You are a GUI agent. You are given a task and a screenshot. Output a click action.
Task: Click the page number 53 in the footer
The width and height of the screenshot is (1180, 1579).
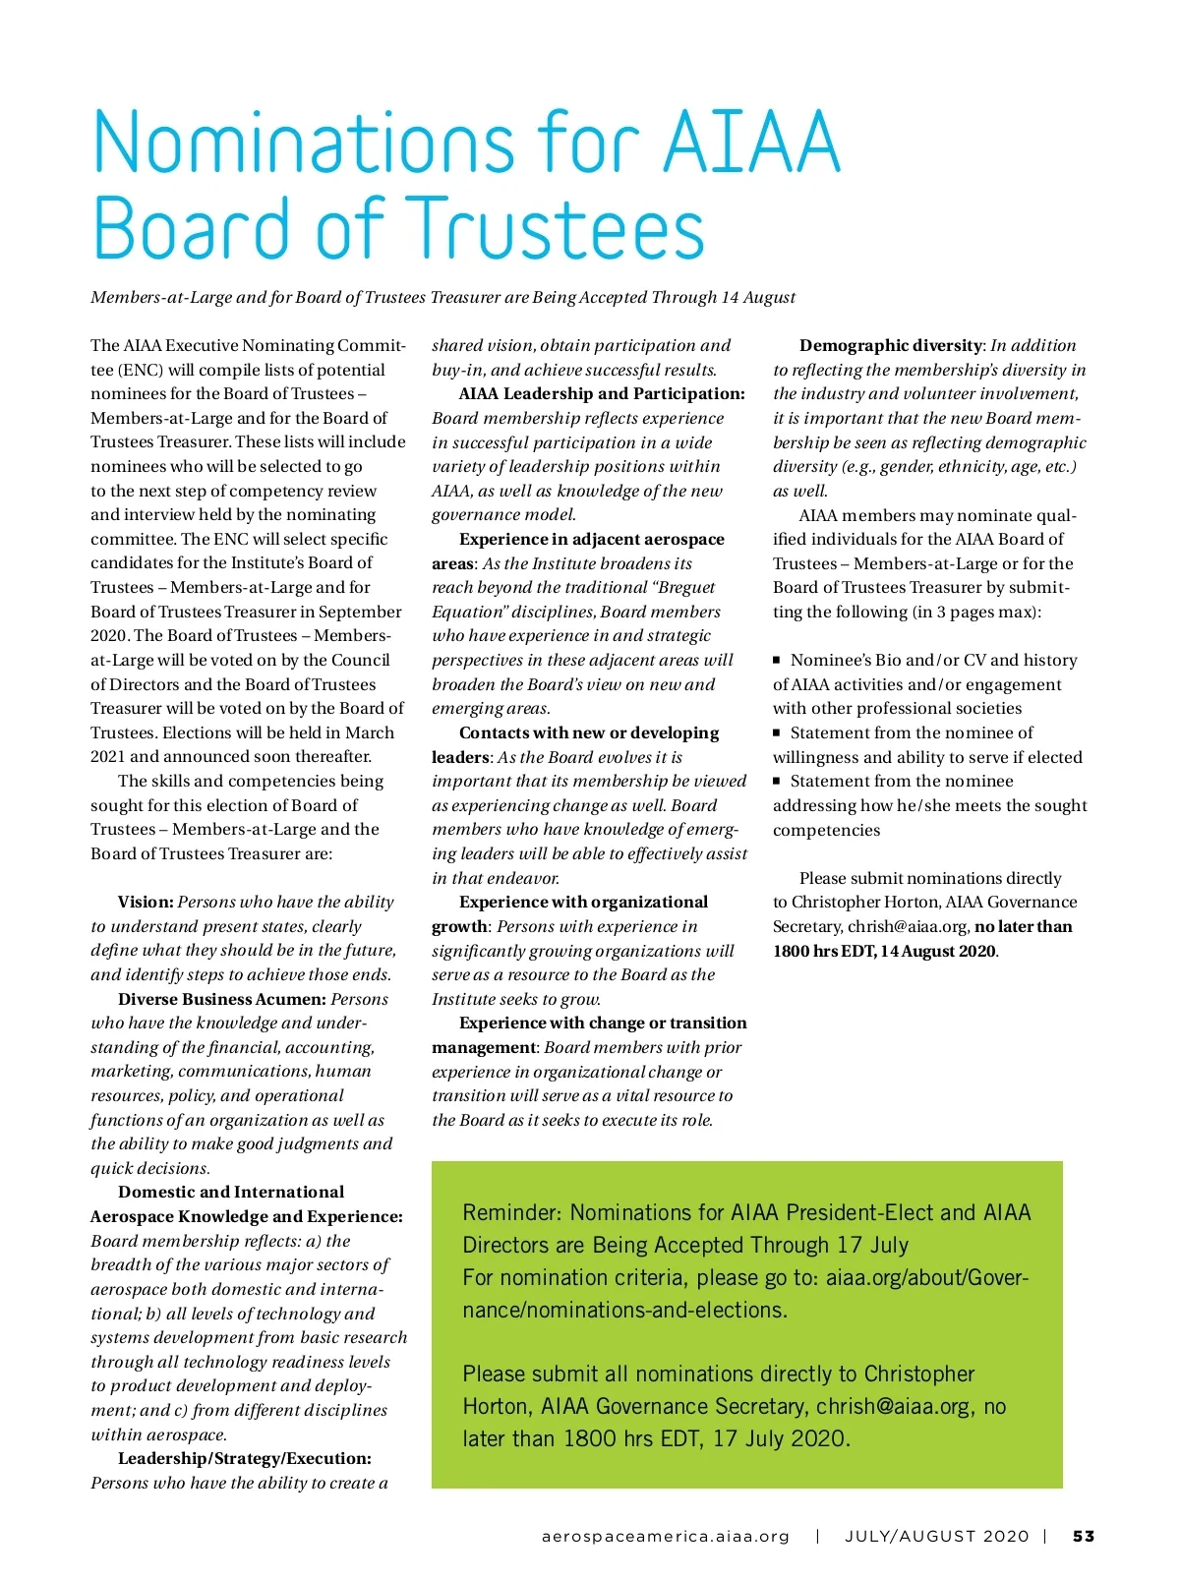(1083, 1536)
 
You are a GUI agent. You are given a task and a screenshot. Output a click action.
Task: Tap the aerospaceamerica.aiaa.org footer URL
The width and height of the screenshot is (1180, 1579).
(666, 1536)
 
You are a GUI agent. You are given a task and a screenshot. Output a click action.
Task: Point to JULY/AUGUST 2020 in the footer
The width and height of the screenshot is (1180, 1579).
(936, 1536)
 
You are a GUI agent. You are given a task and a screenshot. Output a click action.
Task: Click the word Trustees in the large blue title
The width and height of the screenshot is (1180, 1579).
(556, 228)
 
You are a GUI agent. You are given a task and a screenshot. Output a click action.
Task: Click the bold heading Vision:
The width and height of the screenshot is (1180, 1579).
(146, 902)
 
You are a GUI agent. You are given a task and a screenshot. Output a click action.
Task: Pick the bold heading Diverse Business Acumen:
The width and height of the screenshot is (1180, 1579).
(221, 999)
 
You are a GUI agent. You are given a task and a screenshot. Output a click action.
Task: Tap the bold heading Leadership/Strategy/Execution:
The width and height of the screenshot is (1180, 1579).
(244, 1458)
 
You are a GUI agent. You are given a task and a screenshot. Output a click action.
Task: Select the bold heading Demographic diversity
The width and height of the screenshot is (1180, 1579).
(890, 345)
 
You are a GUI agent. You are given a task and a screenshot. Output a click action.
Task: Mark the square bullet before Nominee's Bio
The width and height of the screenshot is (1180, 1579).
(777, 661)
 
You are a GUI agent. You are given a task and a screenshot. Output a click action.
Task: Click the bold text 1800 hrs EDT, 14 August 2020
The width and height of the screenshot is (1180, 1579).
(884, 951)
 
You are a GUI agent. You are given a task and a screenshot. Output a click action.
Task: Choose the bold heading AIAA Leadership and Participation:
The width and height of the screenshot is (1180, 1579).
(601, 393)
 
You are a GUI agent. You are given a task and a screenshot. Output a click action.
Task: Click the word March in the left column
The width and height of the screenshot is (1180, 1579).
(368, 732)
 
